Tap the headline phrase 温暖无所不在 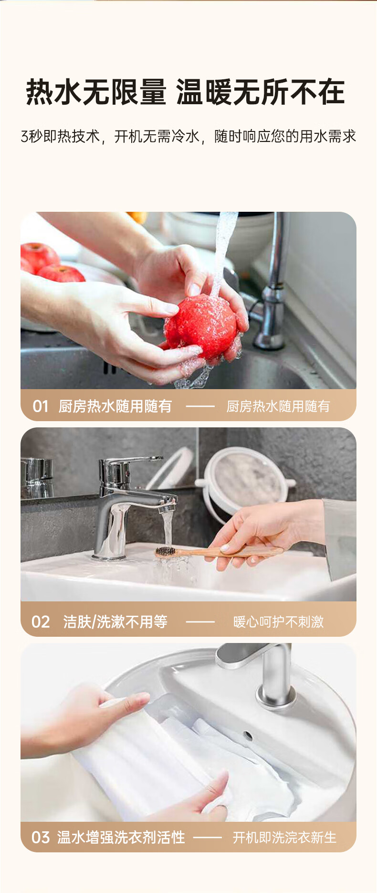[x=261, y=92]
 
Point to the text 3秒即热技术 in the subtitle [x=60, y=136]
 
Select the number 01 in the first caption [x=41, y=406]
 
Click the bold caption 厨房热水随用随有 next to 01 [x=115, y=406]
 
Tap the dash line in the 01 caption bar [x=200, y=406]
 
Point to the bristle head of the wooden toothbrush [x=165, y=552]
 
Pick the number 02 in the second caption [x=41, y=622]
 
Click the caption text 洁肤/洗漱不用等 [x=115, y=622]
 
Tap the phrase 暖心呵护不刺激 [x=279, y=622]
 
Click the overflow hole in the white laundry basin [x=248, y=735]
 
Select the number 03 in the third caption [x=41, y=838]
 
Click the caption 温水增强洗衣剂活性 [x=121, y=838]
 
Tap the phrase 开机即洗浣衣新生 [x=285, y=838]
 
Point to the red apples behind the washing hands [x=50, y=263]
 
